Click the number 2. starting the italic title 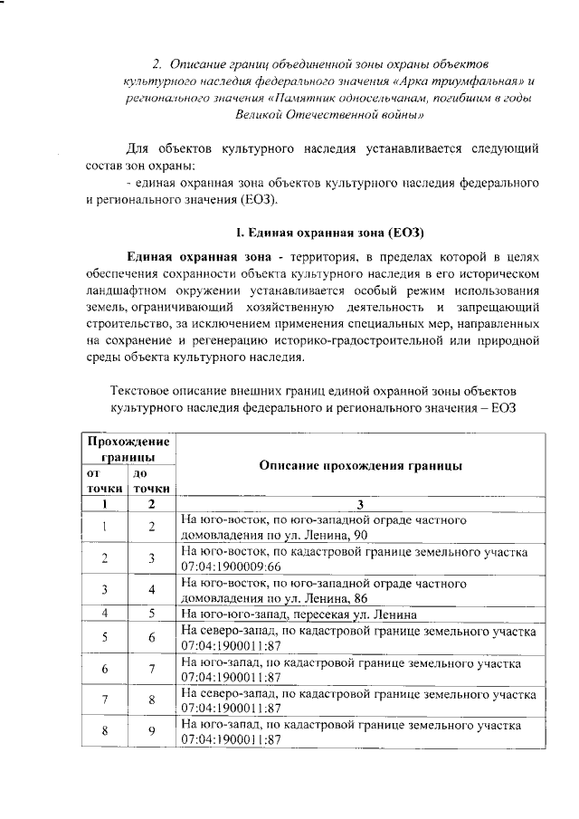click(x=156, y=63)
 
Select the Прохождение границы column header click(x=128, y=449)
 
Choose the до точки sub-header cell click(x=151, y=481)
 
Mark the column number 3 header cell click(x=360, y=504)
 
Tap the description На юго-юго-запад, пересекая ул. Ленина click(x=299, y=614)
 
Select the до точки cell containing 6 click(x=152, y=637)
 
